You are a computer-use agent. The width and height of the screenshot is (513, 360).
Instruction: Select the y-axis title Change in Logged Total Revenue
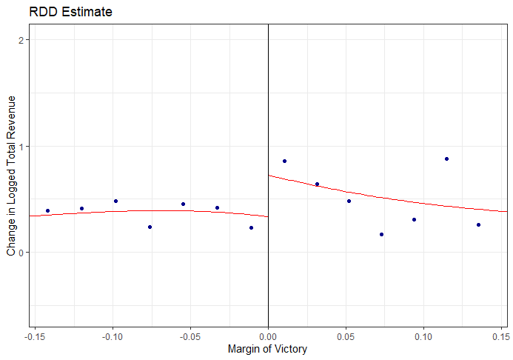click(11, 176)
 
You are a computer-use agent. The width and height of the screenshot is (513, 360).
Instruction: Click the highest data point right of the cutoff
click(446, 159)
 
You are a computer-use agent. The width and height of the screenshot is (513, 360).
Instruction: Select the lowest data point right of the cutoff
click(381, 234)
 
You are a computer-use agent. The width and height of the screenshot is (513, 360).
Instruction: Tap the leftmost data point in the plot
click(47, 211)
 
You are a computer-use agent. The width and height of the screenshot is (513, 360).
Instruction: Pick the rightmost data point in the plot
click(478, 224)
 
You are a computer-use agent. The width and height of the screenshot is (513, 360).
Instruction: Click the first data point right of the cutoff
click(284, 161)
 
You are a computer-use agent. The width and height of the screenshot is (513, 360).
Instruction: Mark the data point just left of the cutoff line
click(251, 227)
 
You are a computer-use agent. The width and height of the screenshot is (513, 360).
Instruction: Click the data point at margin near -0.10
click(115, 201)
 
